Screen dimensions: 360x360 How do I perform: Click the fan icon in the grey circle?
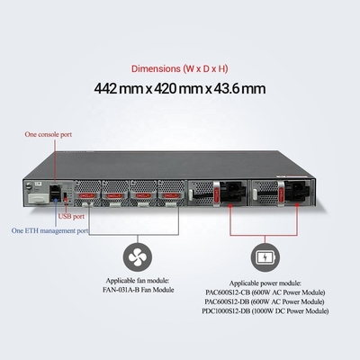[138, 257]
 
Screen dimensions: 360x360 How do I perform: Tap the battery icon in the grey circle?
[265, 257]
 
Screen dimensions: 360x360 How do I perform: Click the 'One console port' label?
[49, 134]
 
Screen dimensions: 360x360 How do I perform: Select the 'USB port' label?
[71, 216]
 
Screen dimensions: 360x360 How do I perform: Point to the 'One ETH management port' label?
[49, 230]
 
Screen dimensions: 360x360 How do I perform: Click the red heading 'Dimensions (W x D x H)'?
[180, 68]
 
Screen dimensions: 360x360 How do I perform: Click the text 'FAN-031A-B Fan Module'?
[139, 290]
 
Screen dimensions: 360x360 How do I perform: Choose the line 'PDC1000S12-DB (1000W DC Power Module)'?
[265, 311]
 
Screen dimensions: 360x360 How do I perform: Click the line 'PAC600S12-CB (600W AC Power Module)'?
[265, 292]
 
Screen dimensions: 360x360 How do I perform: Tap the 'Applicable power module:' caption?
[265, 283]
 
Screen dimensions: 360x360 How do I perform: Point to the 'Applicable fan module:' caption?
[138, 281]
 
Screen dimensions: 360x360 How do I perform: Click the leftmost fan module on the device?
[87, 193]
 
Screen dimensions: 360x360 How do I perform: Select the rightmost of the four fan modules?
[171, 193]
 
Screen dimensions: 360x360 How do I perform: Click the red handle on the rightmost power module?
[281, 193]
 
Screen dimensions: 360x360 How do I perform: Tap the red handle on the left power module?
[218, 193]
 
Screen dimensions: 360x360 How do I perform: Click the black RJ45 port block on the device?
[55, 193]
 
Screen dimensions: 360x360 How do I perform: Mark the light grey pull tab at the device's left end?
[39, 198]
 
